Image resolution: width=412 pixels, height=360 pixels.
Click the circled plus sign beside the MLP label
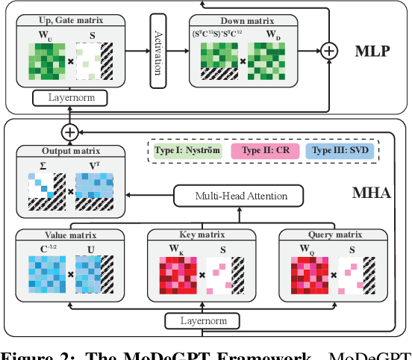[328, 51]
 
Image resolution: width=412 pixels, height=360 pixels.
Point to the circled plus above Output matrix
[69, 131]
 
